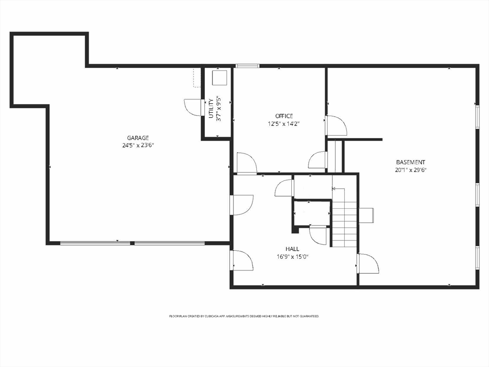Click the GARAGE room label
coord(138,138)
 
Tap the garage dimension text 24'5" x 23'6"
coord(138,145)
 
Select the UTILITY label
coord(211,108)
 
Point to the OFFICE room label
coord(284,116)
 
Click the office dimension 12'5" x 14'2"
coord(284,124)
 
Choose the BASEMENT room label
coord(410,162)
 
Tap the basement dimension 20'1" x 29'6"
coord(410,170)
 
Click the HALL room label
coord(292,249)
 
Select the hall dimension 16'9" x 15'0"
coord(292,257)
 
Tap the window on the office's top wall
coord(247,65)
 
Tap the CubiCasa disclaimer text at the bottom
coord(244,316)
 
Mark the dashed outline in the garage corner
coord(197,78)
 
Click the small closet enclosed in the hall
coord(311,212)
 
